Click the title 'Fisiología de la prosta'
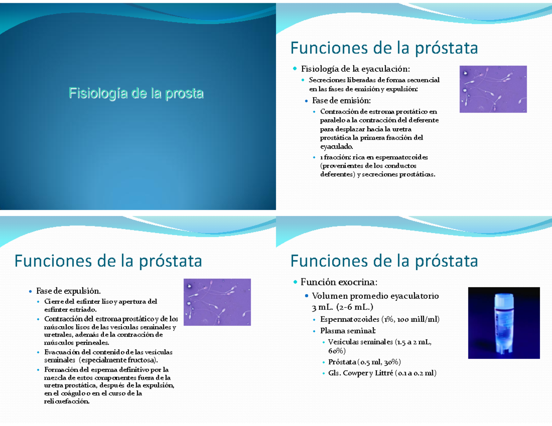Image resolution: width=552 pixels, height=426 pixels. click(136, 94)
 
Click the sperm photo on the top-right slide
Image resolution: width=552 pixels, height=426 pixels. click(493, 89)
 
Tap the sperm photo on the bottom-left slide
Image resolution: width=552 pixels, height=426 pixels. click(217, 302)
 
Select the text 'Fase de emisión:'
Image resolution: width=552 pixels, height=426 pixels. click(341, 100)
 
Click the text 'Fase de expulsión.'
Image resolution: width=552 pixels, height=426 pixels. click(68, 291)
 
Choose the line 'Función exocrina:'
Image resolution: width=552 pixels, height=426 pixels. click(339, 281)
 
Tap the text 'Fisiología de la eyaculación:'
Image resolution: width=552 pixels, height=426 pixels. click(355, 69)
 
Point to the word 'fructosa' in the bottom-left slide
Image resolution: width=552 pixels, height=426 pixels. click(140, 359)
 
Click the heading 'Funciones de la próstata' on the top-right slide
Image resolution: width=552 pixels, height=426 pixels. click(384, 48)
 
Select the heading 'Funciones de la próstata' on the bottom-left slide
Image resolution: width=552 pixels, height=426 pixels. click(108, 261)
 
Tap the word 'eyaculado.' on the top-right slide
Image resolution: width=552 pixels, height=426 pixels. click(336, 147)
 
